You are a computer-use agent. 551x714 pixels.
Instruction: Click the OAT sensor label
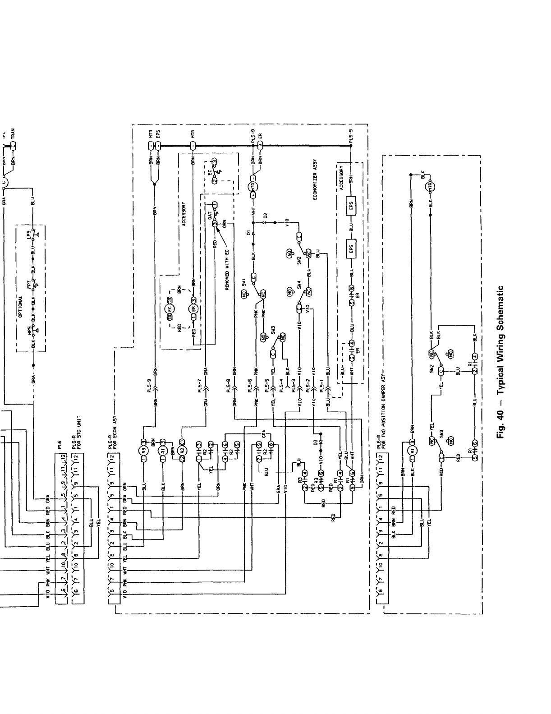click(x=209, y=217)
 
